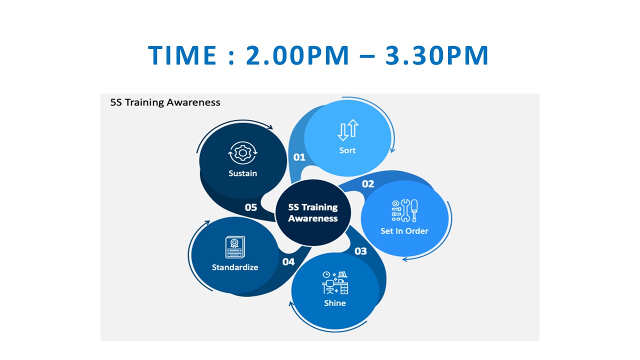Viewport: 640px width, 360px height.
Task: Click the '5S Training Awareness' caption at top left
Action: pos(165,102)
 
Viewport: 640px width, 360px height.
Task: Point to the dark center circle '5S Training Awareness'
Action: pos(313,212)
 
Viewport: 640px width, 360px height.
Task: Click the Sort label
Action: pos(347,150)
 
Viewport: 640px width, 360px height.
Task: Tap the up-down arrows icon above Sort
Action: pos(348,130)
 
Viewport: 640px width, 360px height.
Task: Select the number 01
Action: pos(299,157)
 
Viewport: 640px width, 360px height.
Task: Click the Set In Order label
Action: pos(404,231)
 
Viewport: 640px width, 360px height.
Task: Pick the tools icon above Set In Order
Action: pos(404,210)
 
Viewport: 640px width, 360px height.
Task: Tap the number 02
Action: pos(368,184)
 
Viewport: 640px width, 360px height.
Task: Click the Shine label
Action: pos(334,303)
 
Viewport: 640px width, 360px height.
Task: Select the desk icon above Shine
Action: pos(335,282)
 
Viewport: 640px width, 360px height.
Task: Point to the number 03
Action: pos(360,251)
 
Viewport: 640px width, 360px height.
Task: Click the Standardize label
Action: pos(235,267)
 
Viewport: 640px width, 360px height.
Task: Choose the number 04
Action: pos(288,261)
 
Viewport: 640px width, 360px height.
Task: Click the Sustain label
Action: pos(243,173)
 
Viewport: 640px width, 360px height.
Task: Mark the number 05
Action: pos(251,207)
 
